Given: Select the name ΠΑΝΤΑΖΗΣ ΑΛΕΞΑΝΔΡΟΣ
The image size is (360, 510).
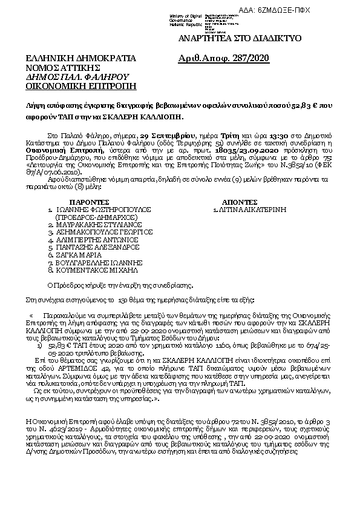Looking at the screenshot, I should coord(97,248).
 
